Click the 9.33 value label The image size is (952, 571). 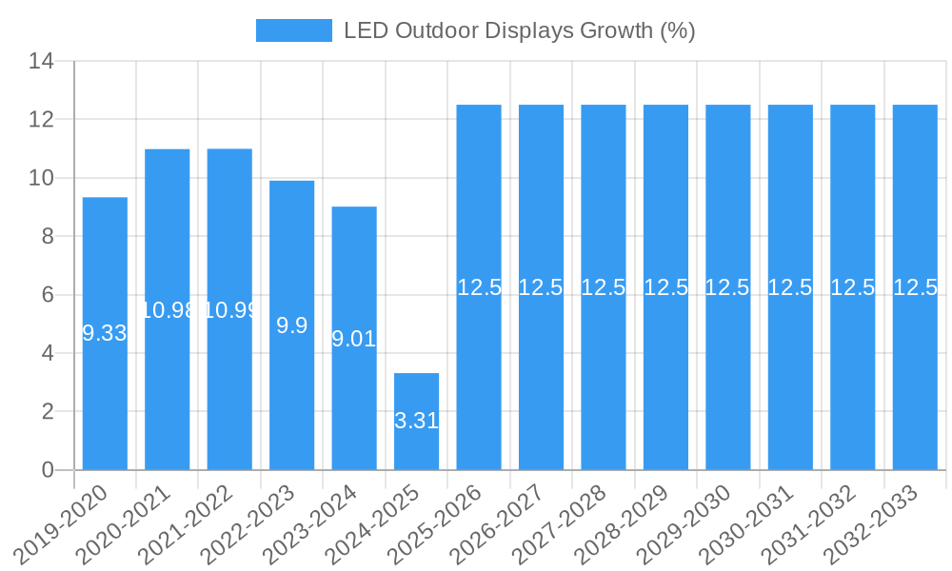tap(105, 333)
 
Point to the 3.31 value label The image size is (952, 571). tap(416, 421)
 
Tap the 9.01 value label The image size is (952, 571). tap(354, 339)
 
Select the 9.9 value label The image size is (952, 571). tap(291, 325)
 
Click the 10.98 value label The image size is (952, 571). tap(168, 310)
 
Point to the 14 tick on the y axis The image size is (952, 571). tap(40, 62)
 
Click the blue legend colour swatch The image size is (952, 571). tap(294, 30)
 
